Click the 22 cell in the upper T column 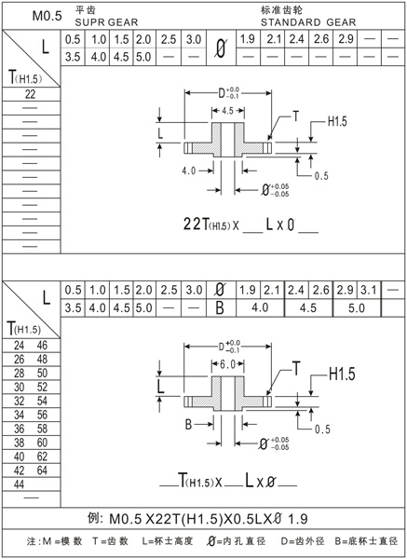click(31, 94)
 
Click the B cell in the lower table click(220, 307)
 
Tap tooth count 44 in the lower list click(20, 484)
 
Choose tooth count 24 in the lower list click(20, 345)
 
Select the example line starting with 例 click(203, 518)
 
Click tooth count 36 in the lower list click(20, 429)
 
